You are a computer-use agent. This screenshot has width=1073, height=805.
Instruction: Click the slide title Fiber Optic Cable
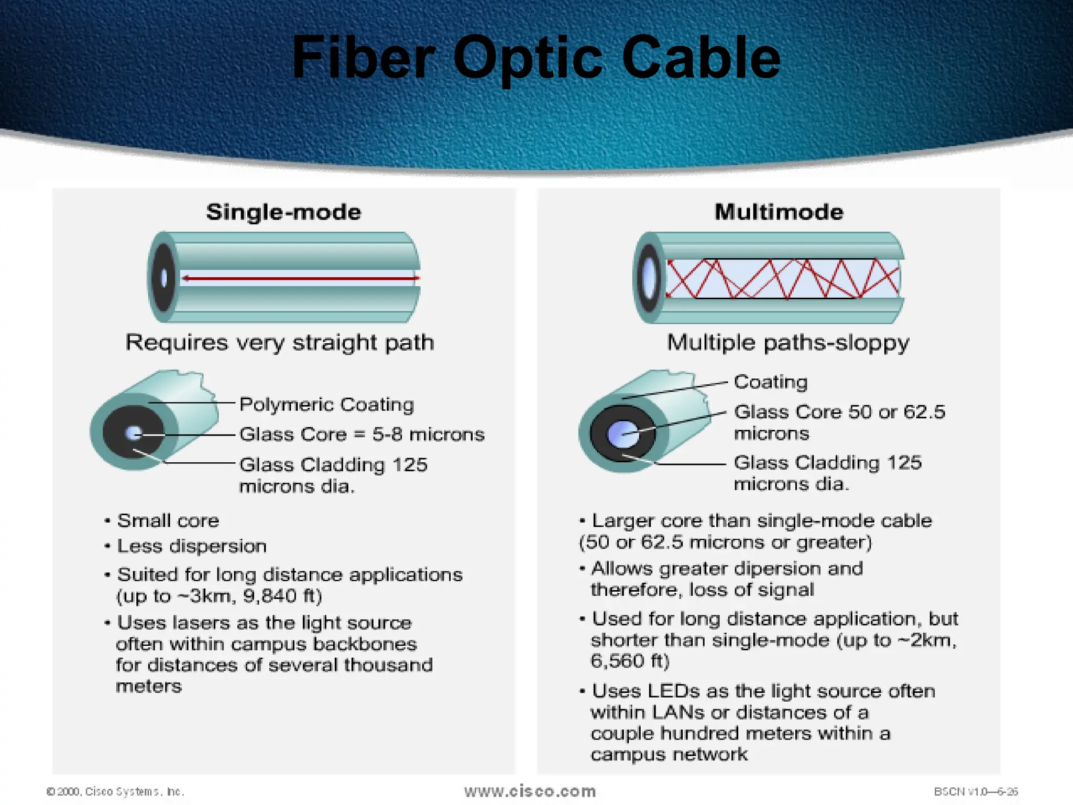[535, 58]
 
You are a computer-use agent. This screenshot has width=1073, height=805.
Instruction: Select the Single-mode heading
[283, 212]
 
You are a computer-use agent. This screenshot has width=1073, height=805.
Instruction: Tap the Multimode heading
[779, 212]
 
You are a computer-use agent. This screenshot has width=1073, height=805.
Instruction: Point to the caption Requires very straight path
[280, 343]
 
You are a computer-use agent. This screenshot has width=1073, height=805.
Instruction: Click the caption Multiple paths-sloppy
[788, 343]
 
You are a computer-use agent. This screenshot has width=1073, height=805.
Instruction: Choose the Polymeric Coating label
[326, 405]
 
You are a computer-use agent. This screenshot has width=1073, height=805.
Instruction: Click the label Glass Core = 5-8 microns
[362, 434]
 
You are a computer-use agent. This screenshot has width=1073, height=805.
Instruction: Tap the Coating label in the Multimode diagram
[770, 382]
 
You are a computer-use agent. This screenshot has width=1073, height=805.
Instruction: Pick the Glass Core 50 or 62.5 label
[839, 412]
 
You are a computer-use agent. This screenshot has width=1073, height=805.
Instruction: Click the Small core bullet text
[168, 521]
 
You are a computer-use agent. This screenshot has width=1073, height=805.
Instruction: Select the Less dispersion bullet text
[192, 547]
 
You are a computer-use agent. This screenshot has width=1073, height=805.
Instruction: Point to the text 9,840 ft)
[283, 596]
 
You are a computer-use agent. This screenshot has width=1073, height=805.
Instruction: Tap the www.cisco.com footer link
[530, 791]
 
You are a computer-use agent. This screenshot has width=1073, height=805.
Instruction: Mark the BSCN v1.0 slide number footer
[976, 791]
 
